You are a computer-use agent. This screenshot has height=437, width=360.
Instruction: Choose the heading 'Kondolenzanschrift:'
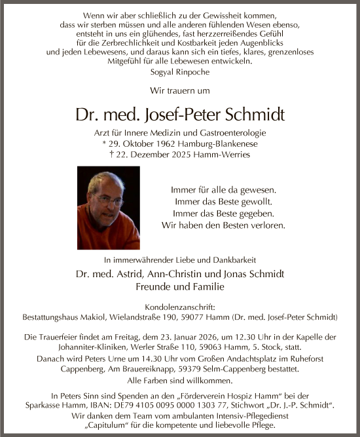tap(180, 306)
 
